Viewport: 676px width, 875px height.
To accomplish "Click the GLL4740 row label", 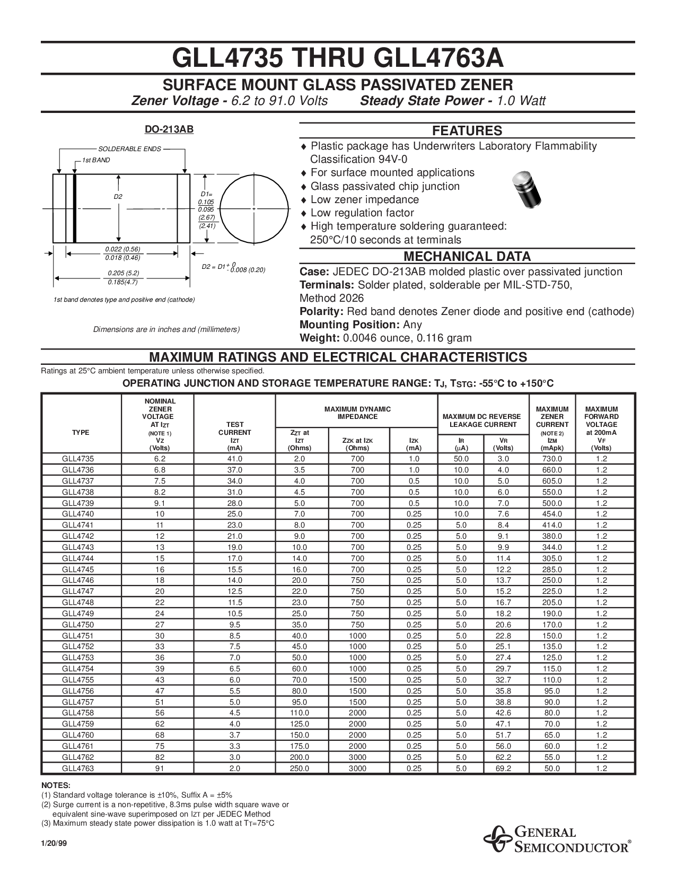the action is [x=78, y=514].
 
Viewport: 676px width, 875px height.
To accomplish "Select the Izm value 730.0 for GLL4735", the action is [x=552, y=459].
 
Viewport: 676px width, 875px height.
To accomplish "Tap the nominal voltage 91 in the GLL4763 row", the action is [x=160, y=768].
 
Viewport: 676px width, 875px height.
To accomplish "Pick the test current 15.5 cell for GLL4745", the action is [x=235, y=570].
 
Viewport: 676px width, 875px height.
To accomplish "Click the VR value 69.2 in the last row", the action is [x=503, y=768].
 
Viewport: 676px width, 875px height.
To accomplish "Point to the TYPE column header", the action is [x=81, y=433].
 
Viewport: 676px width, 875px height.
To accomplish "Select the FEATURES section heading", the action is [x=467, y=131].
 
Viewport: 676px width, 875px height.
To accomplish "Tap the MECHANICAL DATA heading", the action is [x=467, y=257].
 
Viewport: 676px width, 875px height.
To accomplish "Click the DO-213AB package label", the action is [x=169, y=129].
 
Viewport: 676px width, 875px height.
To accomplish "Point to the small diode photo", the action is [x=526, y=189].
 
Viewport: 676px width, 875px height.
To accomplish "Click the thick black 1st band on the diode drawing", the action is [x=74, y=208].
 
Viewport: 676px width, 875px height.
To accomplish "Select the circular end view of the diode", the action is [x=254, y=209].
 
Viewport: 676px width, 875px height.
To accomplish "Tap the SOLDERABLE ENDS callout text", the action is [x=130, y=149].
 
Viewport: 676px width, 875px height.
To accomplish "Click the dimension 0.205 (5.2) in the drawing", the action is [x=123, y=273].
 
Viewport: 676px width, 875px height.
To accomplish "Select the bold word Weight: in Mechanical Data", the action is [x=320, y=338].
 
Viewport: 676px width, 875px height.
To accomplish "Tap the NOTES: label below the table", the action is [x=56, y=785].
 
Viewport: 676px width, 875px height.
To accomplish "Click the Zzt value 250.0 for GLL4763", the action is [x=300, y=768].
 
